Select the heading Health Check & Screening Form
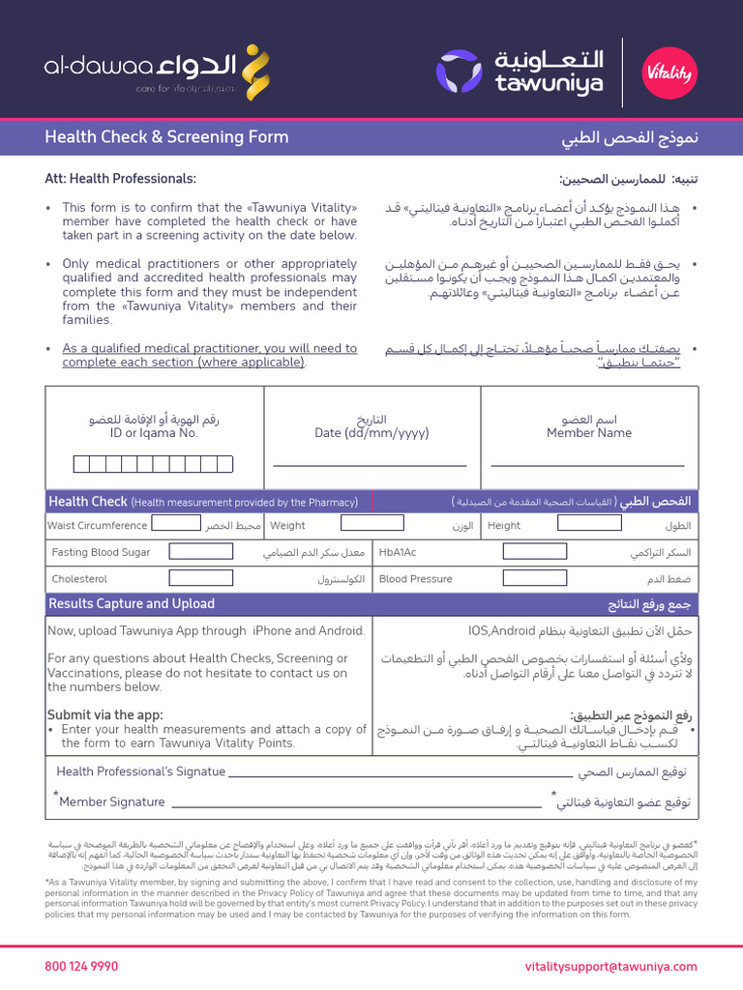click(x=166, y=137)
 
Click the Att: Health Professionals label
click(x=120, y=179)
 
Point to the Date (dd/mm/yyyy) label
click(x=371, y=433)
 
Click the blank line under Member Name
click(x=587, y=464)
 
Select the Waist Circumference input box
click(x=176, y=525)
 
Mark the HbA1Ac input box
click(x=533, y=552)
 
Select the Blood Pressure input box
click(x=533, y=578)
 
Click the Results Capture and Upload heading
click(x=132, y=604)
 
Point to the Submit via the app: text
click(x=104, y=714)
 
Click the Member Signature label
click(x=111, y=801)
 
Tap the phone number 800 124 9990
click(x=81, y=966)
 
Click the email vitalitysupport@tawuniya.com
click(x=610, y=966)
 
